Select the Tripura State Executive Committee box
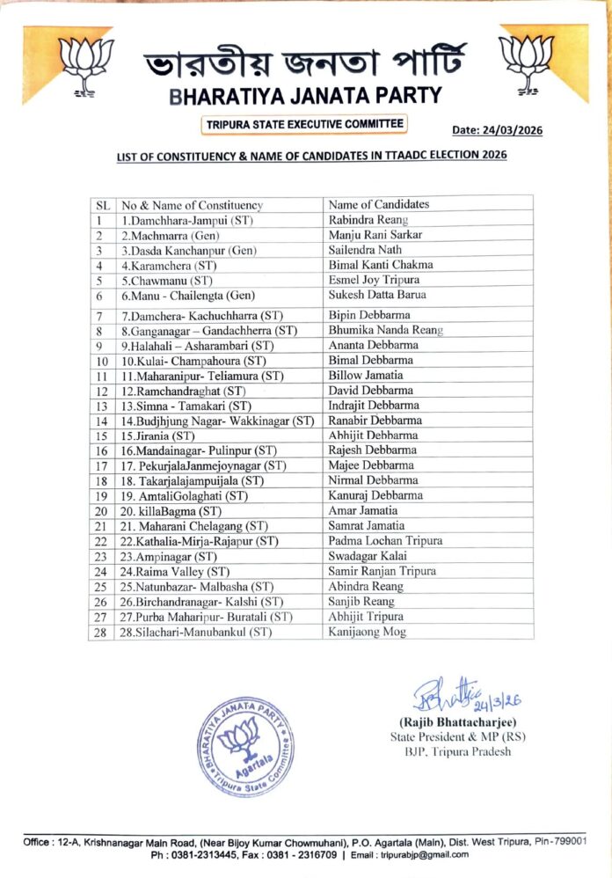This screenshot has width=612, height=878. pos(304,125)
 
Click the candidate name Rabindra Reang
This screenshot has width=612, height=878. pos(368,220)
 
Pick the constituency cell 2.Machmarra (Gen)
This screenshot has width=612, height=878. pos(170,235)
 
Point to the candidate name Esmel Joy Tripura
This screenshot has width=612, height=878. pos(375,281)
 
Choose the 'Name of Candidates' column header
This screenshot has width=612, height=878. pos(379,204)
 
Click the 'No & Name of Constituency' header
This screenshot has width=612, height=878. pos(193,205)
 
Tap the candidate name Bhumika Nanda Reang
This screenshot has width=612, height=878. pos(385,331)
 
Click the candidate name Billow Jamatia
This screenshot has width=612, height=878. pos(365,376)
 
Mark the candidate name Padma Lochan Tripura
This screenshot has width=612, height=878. pos(385,540)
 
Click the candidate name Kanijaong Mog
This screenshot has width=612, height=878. pos(368,632)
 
